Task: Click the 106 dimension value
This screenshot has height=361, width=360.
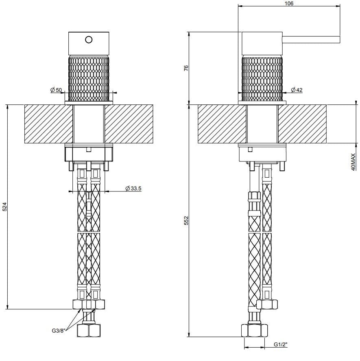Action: click(x=288, y=3)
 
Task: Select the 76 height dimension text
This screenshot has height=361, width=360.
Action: click(x=186, y=68)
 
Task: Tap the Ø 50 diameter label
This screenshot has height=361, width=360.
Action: click(x=56, y=89)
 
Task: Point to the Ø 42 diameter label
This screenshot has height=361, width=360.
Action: click(x=297, y=90)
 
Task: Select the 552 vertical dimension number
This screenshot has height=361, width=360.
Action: click(x=186, y=221)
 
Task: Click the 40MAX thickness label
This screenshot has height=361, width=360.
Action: click(x=353, y=162)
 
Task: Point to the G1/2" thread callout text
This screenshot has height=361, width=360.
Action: click(x=280, y=345)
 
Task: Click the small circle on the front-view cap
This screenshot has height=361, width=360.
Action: click(x=89, y=39)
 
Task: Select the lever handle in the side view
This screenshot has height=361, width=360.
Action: click(x=311, y=39)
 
